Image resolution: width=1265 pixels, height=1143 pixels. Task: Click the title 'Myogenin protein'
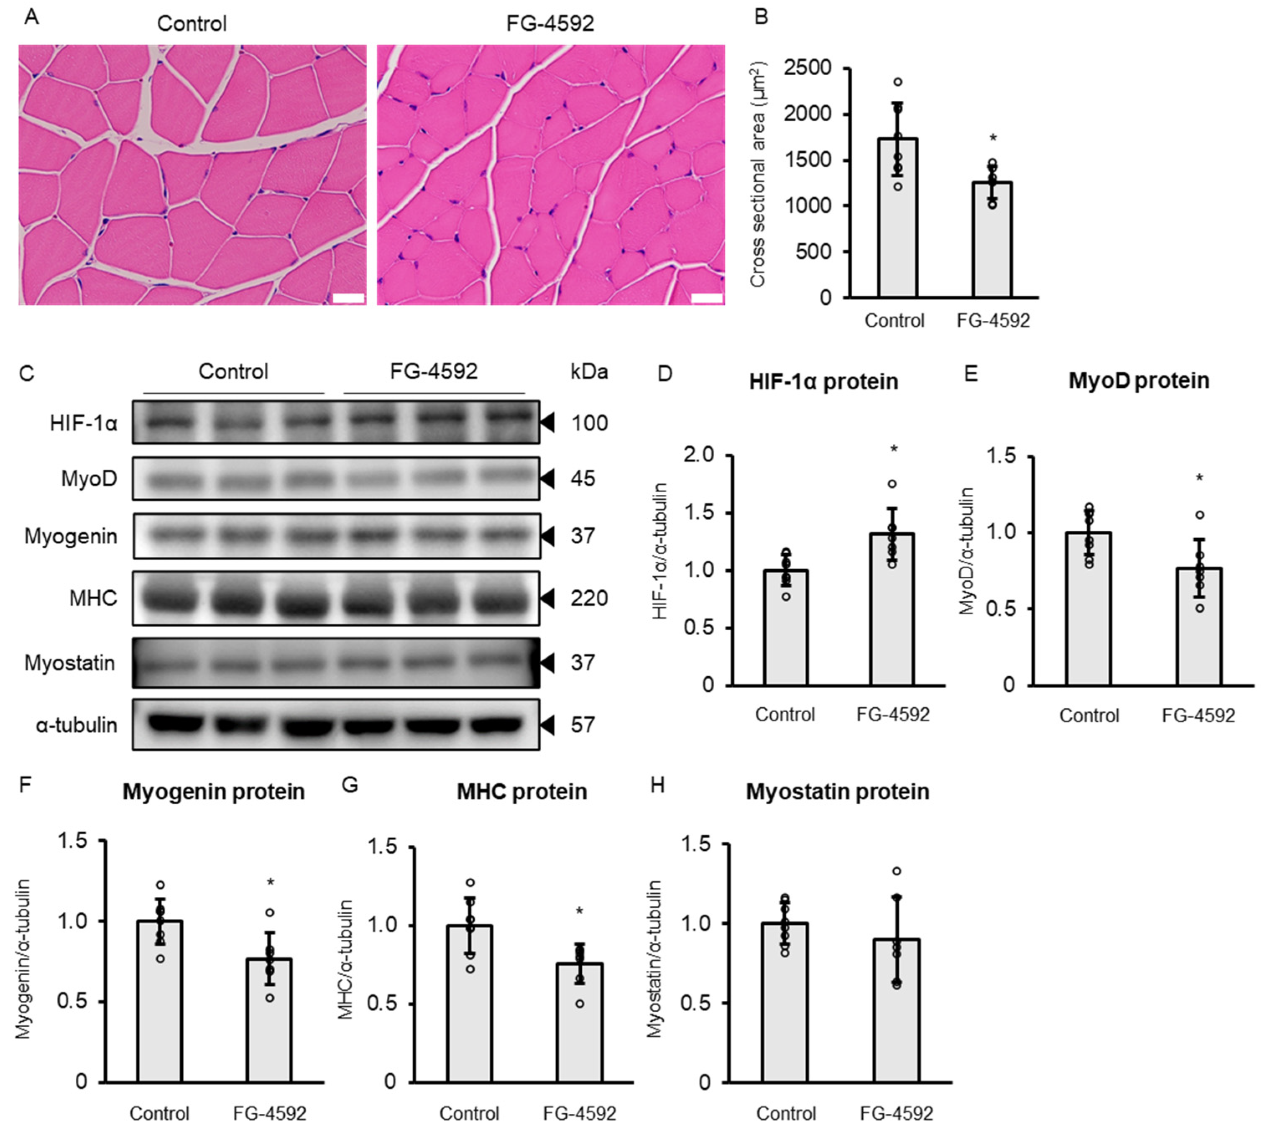tap(213, 792)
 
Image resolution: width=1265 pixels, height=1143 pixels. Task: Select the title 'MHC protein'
tap(521, 792)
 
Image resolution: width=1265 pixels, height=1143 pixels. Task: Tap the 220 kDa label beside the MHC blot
tap(588, 598)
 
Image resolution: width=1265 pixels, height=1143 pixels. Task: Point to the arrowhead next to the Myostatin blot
tap(547, 663)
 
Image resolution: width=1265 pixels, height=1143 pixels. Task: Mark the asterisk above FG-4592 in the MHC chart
tap(579, 911)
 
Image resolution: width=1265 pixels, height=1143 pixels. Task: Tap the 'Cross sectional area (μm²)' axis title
tap(757, 174)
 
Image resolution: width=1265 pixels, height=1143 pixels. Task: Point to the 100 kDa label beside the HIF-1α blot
tap(588, 423)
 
